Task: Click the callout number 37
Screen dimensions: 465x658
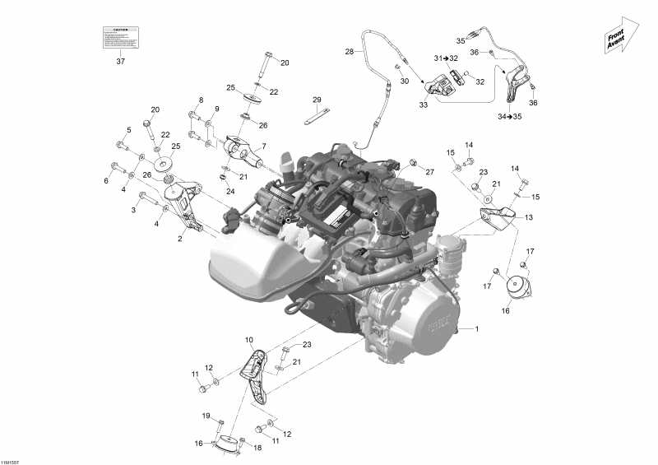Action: click(x=120, y=61)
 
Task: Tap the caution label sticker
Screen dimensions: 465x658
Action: click(x=120, y=37)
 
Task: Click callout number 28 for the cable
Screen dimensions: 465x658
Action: click(x=349, y=51)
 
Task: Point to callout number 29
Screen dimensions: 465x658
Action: click(x=316, y=100)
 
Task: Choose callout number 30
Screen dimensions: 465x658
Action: click(x=404, y=81)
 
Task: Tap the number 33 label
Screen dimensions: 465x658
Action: click(x=424, y=105)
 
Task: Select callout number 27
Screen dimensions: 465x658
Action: click(x=429, y=171)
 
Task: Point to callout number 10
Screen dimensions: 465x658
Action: click(x=249, y=339)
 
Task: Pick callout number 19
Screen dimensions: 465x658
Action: click(x=206, y=415)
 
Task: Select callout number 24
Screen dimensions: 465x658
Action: click(x=207, y=191)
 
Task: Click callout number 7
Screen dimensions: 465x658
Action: click(x=264, y=146)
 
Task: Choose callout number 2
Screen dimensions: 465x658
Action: click(x=180, y=239)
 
